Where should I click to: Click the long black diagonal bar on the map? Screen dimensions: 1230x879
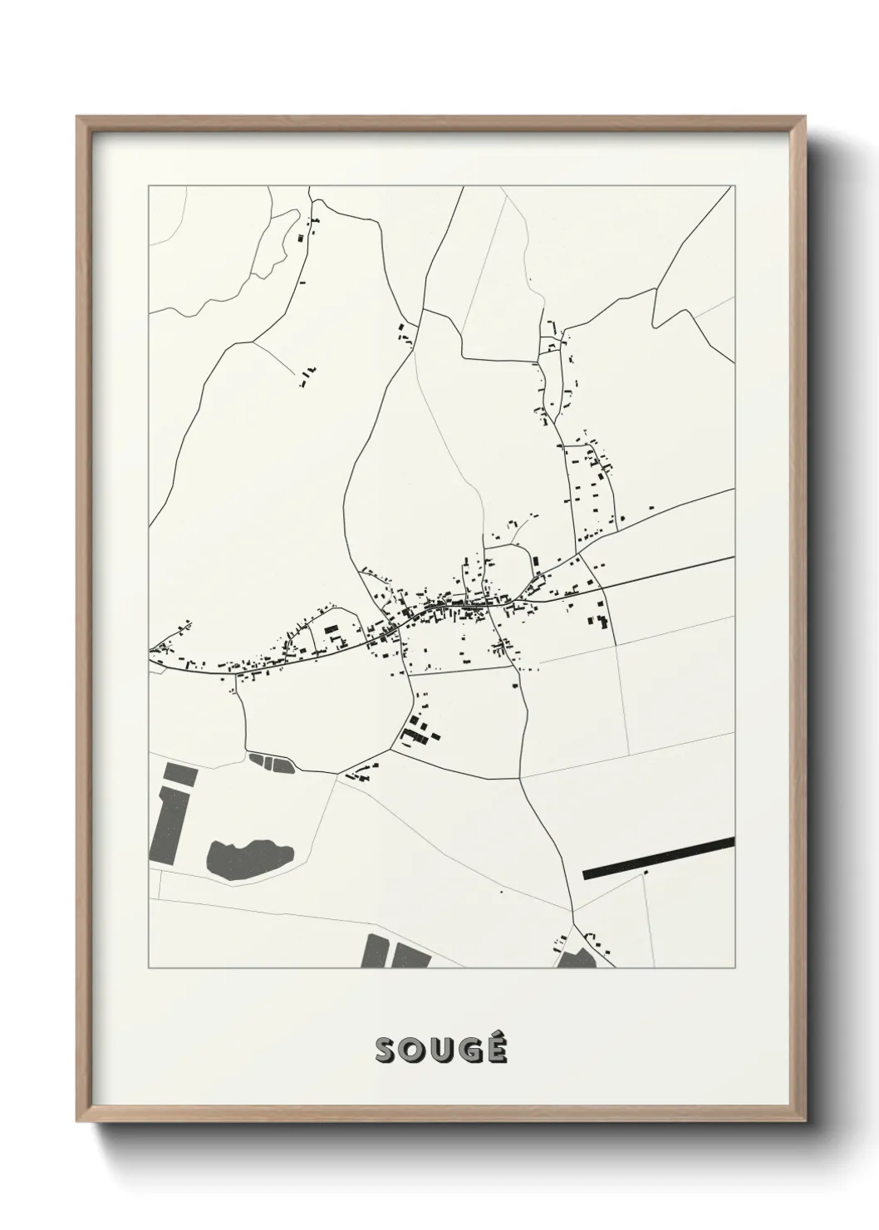click(x=659, y=858)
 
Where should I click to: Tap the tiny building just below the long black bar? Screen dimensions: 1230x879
click(x=646, y=873)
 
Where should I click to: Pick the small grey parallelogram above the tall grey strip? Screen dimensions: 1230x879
click(x=179, y=775)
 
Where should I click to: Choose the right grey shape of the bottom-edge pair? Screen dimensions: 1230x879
click(x=410, y=955)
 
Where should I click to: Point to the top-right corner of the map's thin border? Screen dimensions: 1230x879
click(x=734, y=186)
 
